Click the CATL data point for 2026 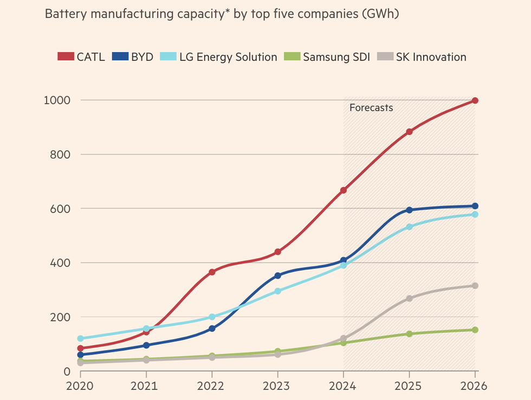click(475, 100)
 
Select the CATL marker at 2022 click(212, 272)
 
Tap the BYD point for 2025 click(409, 210)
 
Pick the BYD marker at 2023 click(278, 275)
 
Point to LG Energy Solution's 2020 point click(80, 338)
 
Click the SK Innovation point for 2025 click(409, 298)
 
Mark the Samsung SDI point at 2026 click(475, 330)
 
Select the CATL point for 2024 click(344, 190)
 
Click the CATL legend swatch click(65, 57)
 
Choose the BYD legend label click(142, 57)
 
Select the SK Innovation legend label click(431, 57)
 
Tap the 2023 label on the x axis click(278, 386)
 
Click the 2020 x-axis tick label click(80, 386)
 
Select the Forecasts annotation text click(371, 107)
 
